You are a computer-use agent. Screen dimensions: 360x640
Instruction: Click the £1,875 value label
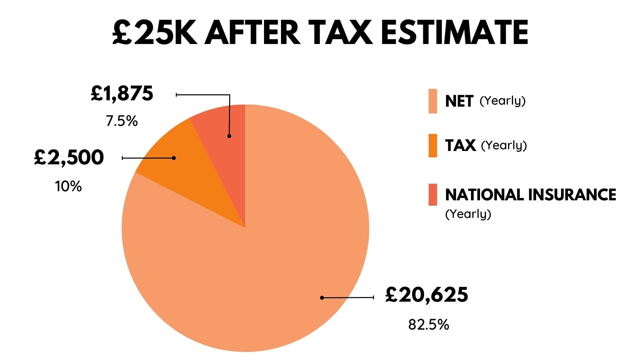tap(122, 94)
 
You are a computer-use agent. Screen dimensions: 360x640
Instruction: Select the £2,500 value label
tap(69, 158)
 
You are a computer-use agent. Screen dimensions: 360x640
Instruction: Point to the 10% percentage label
tap(68, 187)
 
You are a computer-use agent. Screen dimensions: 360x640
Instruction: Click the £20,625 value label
tap(427, 295)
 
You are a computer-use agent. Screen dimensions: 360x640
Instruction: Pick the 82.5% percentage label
tap(429, 325)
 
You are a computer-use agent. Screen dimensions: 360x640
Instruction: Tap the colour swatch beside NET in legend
tap(433, 101)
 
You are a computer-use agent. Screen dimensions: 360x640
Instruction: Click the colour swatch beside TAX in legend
tap(433, 146)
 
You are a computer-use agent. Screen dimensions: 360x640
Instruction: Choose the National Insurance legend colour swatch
tap(433, 195)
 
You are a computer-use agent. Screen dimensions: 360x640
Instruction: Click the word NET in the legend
tap(459, 101)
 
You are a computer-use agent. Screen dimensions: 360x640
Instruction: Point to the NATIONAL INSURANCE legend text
tap(530, 195)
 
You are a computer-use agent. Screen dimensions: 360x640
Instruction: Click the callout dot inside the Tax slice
tap(174, 158)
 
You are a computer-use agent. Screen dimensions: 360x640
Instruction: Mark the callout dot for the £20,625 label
tap(322, 298)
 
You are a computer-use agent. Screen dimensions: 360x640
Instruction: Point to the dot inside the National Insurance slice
tap(229, 136)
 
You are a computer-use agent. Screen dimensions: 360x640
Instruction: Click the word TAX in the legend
tap(460, 146)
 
